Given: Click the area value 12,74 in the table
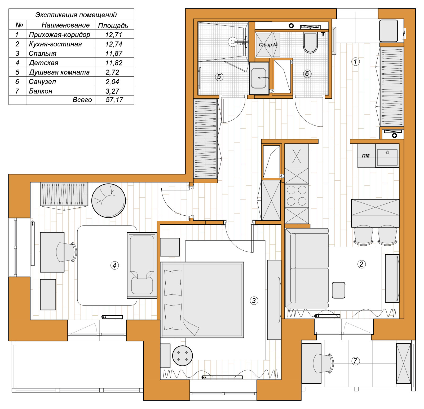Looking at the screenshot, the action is pyautogui.click(x=114, y=44).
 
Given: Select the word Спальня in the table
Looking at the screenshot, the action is pyautogui.click(x=42, y=53).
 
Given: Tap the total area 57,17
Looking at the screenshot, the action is pyautogui.click(x=114, y=100).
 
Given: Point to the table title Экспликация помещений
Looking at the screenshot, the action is pyautogui.click(x=76, y=15).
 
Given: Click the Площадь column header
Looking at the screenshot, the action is pyautogui.click(x=113, y=25).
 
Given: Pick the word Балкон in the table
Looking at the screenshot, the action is pyautogui.click(x=41, y=91).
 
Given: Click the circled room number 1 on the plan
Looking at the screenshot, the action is pyautogui.click(x=355, y=62).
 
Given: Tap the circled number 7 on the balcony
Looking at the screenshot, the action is pyautogui.click(x=355, y=361).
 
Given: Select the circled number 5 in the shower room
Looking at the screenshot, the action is pyautogui.click(x=219, y=77).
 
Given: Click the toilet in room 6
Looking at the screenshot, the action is pyautogui.click(x=310, y=42).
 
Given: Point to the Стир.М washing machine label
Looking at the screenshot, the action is pyautogui.click(x=268, y=45).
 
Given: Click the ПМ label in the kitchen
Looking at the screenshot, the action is pyautogui.click(x=366, y=156).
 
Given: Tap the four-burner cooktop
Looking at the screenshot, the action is pyautogui.click(x=297, y=196).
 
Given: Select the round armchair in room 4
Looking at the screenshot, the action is pyautogui.click(x=109, y=201).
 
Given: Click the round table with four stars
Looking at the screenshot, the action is pyautogui.click(x=182, y=356).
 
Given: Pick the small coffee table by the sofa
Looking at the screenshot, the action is pyautogui.click(x=338, y=290).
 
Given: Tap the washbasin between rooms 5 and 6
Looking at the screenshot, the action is pyautogui.click(x=259, y=78).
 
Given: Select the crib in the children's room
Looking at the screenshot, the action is pyautogui.click(x=142, y=265).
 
